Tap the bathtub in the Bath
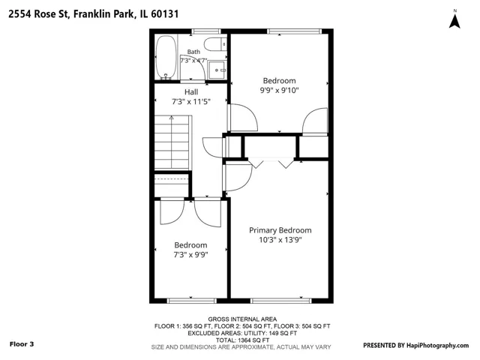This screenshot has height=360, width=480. point(166,57)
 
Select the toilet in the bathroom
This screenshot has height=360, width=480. point(215,44)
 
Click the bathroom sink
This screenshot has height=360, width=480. point(217,70)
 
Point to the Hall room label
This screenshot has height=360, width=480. point(191,91)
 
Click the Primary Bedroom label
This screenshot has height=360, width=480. point(280,230)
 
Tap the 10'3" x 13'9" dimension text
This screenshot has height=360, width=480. point(280,240)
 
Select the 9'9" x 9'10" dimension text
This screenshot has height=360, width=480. point(279,90)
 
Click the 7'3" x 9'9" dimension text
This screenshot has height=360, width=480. point(191,255)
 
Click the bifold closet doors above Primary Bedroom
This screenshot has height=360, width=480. point(271,163)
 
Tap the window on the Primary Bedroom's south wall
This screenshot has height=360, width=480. point(280,301)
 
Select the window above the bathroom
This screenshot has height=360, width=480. point(206,31)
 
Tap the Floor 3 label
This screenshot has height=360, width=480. point(22,344)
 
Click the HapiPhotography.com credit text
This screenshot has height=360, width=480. point(437,345)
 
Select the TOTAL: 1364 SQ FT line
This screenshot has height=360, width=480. point(242,340)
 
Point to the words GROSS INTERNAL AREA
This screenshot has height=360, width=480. point(242,319)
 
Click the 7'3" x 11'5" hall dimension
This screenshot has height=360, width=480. point(191,102)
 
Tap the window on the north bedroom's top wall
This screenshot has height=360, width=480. point(295,31)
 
